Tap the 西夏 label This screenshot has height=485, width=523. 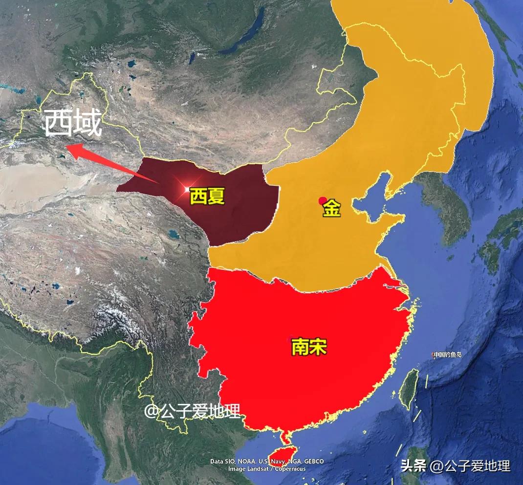pyautogui.click(x=207, y=197)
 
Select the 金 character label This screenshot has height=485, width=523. pyautogui.click(x=331, y=209)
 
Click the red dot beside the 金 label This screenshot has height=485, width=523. pyautogui.click(x=322, y=200)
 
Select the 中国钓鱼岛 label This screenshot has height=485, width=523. pyautogui.click(x=448, y=354)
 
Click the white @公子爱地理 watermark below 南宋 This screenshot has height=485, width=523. pyautogui.click(x=192, y=411)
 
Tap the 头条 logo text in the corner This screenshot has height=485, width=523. pyautogui.click(x=413, y=465)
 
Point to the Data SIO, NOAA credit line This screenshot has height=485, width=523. pyautogui.click(x=267, y=461)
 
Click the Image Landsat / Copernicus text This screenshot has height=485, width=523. pyautogui.click(x=267, y=468)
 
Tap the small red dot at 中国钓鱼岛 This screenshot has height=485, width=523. pyautogui.click(x=433, y=355)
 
